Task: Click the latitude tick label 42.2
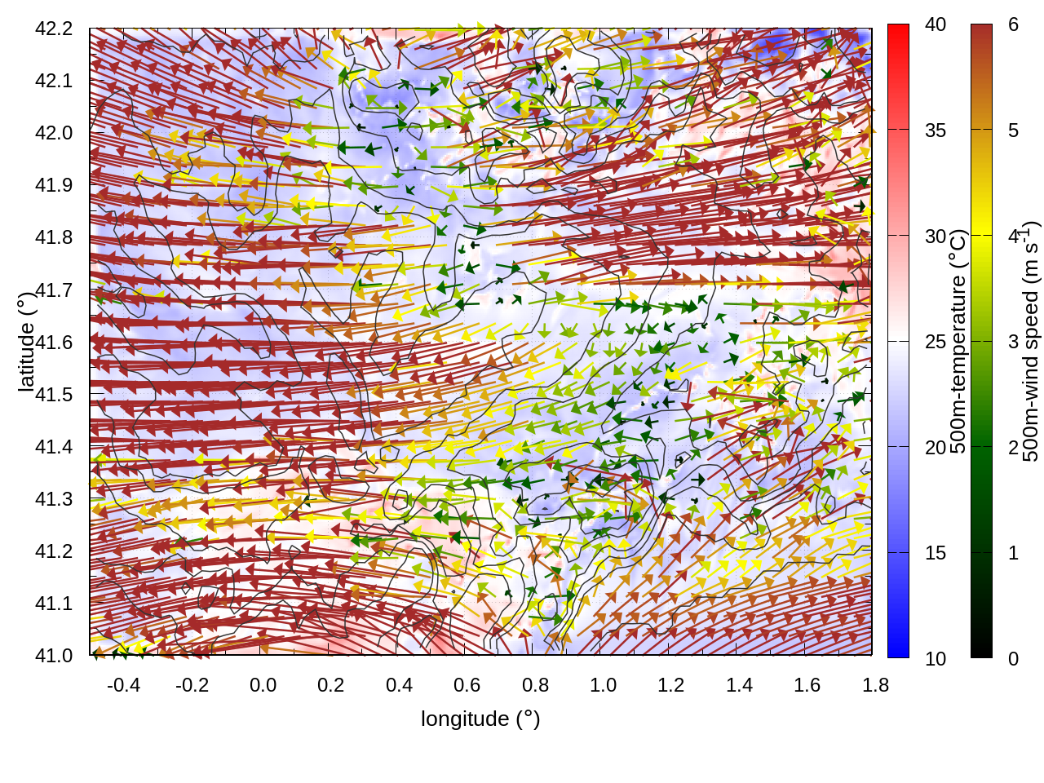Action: point(54,29)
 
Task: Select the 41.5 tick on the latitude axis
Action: point(54,395)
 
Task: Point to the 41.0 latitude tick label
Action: point(54,656)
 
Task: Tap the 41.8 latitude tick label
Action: point(54,237)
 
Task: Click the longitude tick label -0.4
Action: point(124,685)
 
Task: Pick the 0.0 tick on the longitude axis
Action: point(263,685)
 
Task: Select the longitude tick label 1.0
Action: point(604,685)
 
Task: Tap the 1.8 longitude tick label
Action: point(875,685)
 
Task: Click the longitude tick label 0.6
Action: point(467,685)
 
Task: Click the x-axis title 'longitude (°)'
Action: point(480,719)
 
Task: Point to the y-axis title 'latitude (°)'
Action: point(26,342)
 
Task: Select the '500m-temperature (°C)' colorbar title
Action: point(959,342)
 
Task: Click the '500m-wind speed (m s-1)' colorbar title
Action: point(1031,342)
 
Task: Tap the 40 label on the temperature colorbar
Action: point(936,25)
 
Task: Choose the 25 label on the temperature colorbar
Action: point(936,342)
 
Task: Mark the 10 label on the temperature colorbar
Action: point(936,658)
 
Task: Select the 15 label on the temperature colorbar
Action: point(936,553)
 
